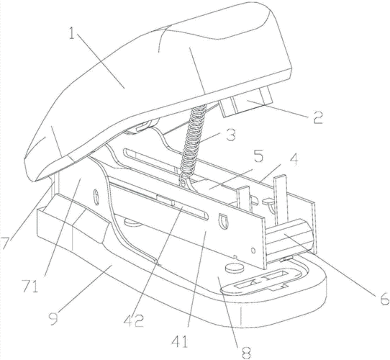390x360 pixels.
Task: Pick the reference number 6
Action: click(384, 299)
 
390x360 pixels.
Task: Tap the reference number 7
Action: click(5, 243)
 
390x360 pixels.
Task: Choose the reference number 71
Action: click(30, 287)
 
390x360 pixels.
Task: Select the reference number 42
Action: click(134, 320)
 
